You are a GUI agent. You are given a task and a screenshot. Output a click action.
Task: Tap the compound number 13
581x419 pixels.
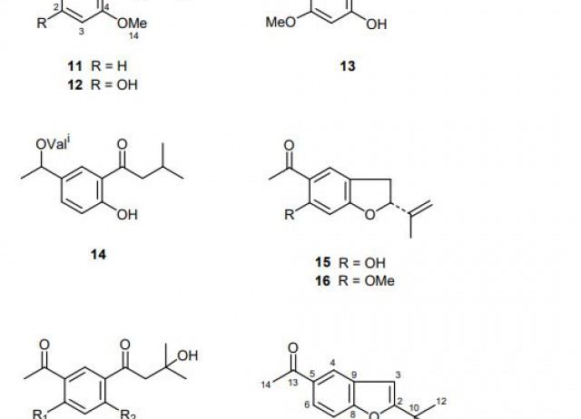(x=348, y=67)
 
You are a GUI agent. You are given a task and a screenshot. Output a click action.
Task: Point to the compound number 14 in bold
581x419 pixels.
(x=98, y=256)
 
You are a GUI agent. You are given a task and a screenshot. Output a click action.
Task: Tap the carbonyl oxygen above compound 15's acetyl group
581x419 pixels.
(x=289, y=145)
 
